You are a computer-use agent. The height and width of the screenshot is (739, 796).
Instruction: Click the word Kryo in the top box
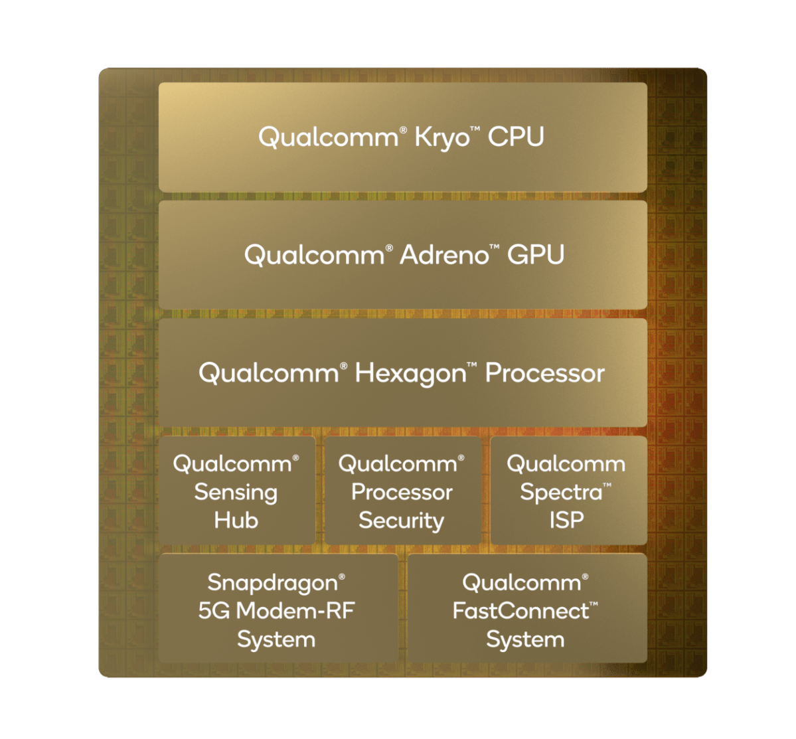point(442,138)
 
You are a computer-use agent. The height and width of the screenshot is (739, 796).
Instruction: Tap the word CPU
point(516,137)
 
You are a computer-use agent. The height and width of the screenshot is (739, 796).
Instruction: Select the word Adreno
point(444,254)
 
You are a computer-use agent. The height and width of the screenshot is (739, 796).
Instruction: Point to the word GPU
point(536,254)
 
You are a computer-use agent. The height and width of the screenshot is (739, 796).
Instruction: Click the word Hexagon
point(410,374)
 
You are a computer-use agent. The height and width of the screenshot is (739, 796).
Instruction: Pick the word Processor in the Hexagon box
point(544,373)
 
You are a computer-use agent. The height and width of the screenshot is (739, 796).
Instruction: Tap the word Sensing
point(236,493)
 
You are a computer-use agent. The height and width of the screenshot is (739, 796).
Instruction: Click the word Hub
point(236,521)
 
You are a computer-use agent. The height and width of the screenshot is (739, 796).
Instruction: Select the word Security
point(402,521)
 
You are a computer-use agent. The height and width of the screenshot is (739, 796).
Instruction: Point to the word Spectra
point(562,493)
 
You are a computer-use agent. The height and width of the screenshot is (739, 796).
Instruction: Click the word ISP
point(566,521)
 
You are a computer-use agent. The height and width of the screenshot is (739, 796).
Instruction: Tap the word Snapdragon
point(273,584)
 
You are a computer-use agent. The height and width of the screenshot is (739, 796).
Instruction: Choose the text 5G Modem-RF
point(276,611)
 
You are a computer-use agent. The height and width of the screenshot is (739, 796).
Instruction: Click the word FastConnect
point(521,611)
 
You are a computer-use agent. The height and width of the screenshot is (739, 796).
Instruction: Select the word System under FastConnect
point(525,640)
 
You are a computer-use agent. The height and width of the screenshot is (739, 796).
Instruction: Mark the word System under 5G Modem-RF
point(276,640)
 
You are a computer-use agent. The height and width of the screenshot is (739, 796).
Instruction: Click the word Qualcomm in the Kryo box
point(329,137)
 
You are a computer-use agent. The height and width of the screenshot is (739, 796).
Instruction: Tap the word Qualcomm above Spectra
point(566,464)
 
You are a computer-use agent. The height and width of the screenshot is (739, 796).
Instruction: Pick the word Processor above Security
point(402,492)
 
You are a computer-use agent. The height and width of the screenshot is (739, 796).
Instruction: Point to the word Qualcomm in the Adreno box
point(314,255)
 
